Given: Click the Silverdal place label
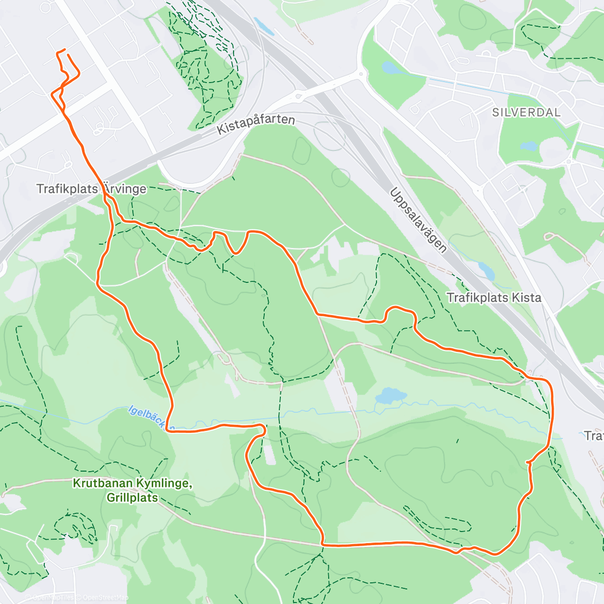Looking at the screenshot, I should [526, 112].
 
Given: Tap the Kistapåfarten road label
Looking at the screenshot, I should [256, 123].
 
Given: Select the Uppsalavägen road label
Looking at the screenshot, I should [418, 220].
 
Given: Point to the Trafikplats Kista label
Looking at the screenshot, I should [494, 297].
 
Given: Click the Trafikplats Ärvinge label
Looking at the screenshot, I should [91, 189].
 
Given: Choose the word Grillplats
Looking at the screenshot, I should [132, 498].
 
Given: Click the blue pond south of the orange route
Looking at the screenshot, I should [391, 396].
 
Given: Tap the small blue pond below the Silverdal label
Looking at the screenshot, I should [530, 146].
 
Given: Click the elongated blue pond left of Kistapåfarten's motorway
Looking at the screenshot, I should [263, 26].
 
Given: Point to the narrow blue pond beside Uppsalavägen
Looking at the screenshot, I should [486, 271].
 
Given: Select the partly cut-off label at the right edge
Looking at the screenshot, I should [594, 435].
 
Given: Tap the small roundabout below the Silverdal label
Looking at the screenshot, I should [569, 162].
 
